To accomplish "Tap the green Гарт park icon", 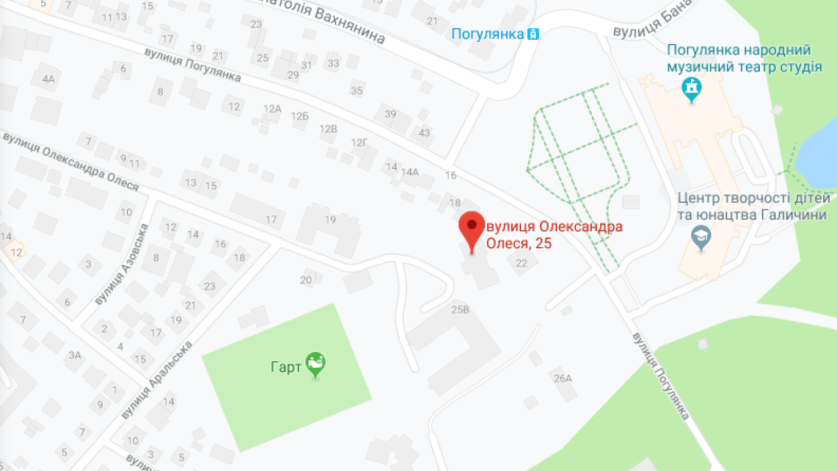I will click(x=316, y=364).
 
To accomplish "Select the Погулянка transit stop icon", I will click(x=534, y=34).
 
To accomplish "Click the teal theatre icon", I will click(x=691, y=88).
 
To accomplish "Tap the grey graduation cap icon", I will click(x=701, y=237).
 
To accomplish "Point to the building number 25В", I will click(x=460, y=309).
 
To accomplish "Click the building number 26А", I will click(x=562, y=377).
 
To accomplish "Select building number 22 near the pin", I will click(x=521, y=263).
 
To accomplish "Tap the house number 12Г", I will click(x=360, y=143).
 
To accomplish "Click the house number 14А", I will click(x=410, y=173).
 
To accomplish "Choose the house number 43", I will click(x=424, y=133).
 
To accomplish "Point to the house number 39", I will click(x=390, y=114).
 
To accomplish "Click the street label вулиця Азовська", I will click(x=122, y=264).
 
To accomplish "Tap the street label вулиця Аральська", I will click(x=157, y=379).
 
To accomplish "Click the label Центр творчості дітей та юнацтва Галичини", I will click(x=753, y=206).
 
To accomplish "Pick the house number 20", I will click(x=306, y=280).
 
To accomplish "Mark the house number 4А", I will click(x=48, y=80).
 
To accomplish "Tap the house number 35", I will click(x=356, y=91).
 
